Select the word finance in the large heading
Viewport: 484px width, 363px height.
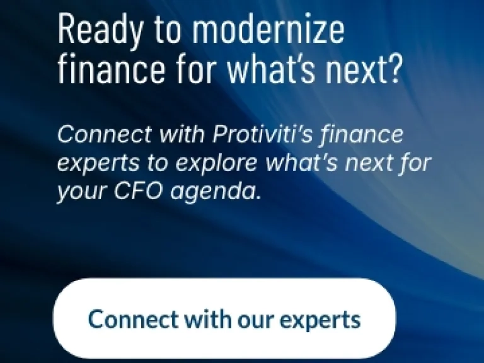(x=112, y=68)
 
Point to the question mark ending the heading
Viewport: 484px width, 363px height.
(x=395, y=68)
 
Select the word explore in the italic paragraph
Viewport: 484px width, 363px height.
(x=216, y=164)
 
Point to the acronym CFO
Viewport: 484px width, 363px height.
(x=138, y=190)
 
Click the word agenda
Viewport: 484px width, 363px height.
(x=214, y=193)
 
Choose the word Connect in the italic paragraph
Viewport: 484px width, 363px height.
(x=105, y=134)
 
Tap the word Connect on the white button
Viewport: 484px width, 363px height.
(x=134, y=319)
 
